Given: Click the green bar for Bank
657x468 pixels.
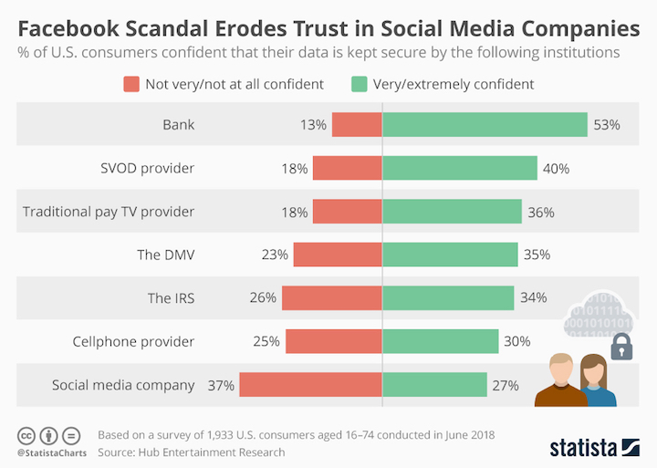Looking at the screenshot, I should pyautogui.click(x=485, y=125).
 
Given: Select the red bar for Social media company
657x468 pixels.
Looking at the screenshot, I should pyautogui.click(x=311, y=385).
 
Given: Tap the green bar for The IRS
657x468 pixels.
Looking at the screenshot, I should pyautogui.click(x=448, y=298).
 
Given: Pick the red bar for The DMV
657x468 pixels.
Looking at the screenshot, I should pyautogui.click(x=337, y=255).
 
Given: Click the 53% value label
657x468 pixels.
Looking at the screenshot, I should pyautogui.click(x=607, y=125).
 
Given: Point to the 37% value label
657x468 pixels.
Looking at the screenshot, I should pyautogui.click(x=222, y=385).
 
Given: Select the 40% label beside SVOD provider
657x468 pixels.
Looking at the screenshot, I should pyautogui.click(x=556, y=168).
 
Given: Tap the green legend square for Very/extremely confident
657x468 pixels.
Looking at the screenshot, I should pyautogui.click(x=358, y=84).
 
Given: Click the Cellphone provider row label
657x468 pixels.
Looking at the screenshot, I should pyautogui.click(x=133, y=342).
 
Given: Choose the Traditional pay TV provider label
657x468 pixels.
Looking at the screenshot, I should pyautogui.click(x=109, y=212).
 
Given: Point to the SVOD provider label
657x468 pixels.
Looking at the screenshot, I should pyautogui.click(x=147, y=168).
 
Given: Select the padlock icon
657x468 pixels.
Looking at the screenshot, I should pyautogui.click(x=621, y=346).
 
